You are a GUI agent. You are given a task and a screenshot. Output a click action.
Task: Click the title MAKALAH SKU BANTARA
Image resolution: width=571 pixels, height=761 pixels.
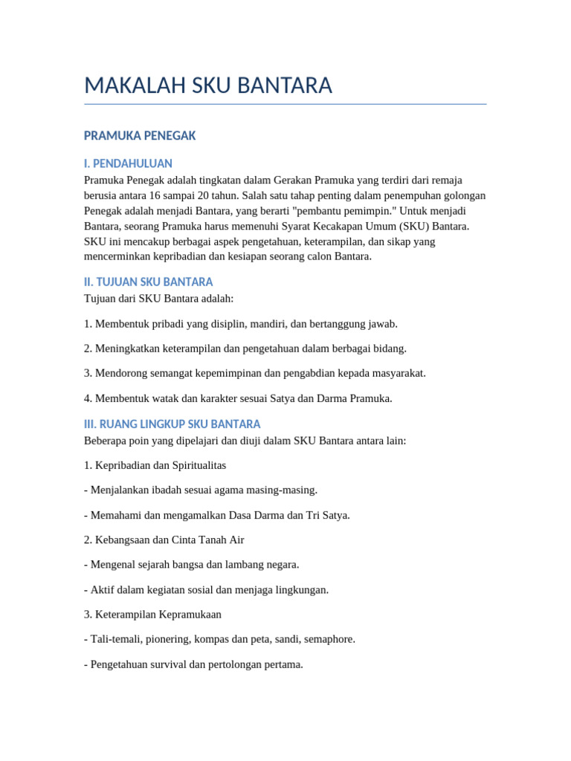pos(208,85)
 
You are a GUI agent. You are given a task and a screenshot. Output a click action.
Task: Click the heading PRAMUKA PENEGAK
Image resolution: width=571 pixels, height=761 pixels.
pos(140,135)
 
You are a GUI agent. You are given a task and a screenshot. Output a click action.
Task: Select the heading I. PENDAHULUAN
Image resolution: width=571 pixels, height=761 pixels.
pos(128,163)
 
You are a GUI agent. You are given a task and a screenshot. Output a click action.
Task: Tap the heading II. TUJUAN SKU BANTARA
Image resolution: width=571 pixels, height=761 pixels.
pos(149,282)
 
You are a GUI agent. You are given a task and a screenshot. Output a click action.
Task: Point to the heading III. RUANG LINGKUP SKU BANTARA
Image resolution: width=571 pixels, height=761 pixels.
pos(172,424)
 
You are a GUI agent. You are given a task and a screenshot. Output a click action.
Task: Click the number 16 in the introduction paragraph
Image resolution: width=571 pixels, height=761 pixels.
pos(155,195)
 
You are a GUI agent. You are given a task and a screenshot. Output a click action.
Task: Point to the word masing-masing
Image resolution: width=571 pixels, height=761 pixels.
pos(285,490)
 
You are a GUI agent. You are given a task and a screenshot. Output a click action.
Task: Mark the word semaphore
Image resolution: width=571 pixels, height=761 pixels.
pos(329,639)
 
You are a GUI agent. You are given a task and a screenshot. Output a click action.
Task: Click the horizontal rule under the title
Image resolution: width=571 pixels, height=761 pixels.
pos(285,104)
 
